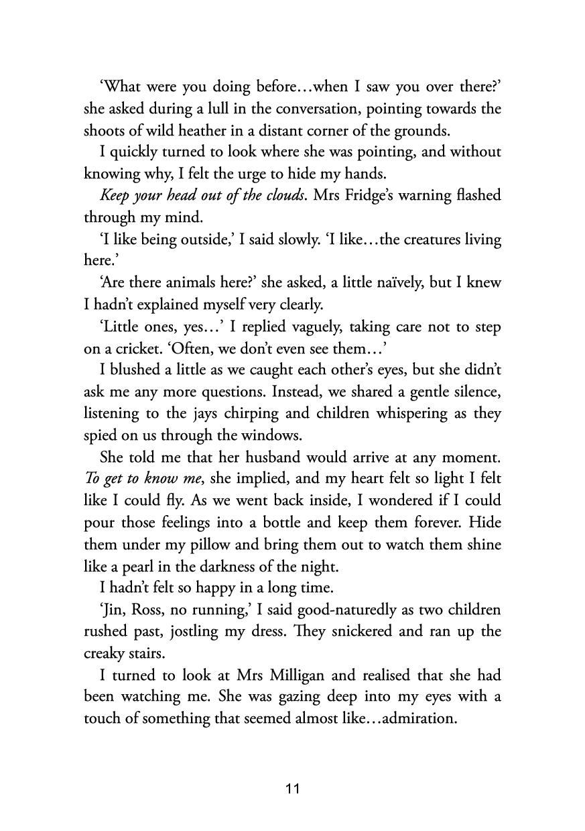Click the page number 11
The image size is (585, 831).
click(x=292, y=789)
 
